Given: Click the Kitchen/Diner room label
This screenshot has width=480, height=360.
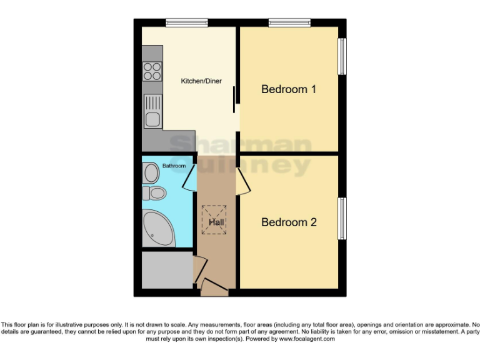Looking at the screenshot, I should point(201,81).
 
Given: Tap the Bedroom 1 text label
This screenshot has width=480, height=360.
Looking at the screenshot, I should point(288,89).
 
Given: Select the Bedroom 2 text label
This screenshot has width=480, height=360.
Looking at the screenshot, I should point(288,222).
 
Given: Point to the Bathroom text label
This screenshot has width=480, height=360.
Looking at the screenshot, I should point(174,166).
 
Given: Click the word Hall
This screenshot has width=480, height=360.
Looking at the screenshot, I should point(216,222).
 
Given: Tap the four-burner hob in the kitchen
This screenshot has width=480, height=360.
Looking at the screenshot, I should point(152,71).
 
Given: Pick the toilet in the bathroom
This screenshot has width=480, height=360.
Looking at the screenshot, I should point(155,194).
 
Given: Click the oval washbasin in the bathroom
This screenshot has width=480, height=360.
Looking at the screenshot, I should point(151,172).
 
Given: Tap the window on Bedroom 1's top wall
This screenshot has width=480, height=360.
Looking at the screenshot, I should point(289,23).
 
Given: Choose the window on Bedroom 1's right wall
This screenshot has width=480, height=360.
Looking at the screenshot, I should point(342,57).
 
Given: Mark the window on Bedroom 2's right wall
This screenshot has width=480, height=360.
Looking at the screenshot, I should point(342,218).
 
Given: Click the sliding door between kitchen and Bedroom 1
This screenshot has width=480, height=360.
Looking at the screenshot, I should point(235,100).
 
